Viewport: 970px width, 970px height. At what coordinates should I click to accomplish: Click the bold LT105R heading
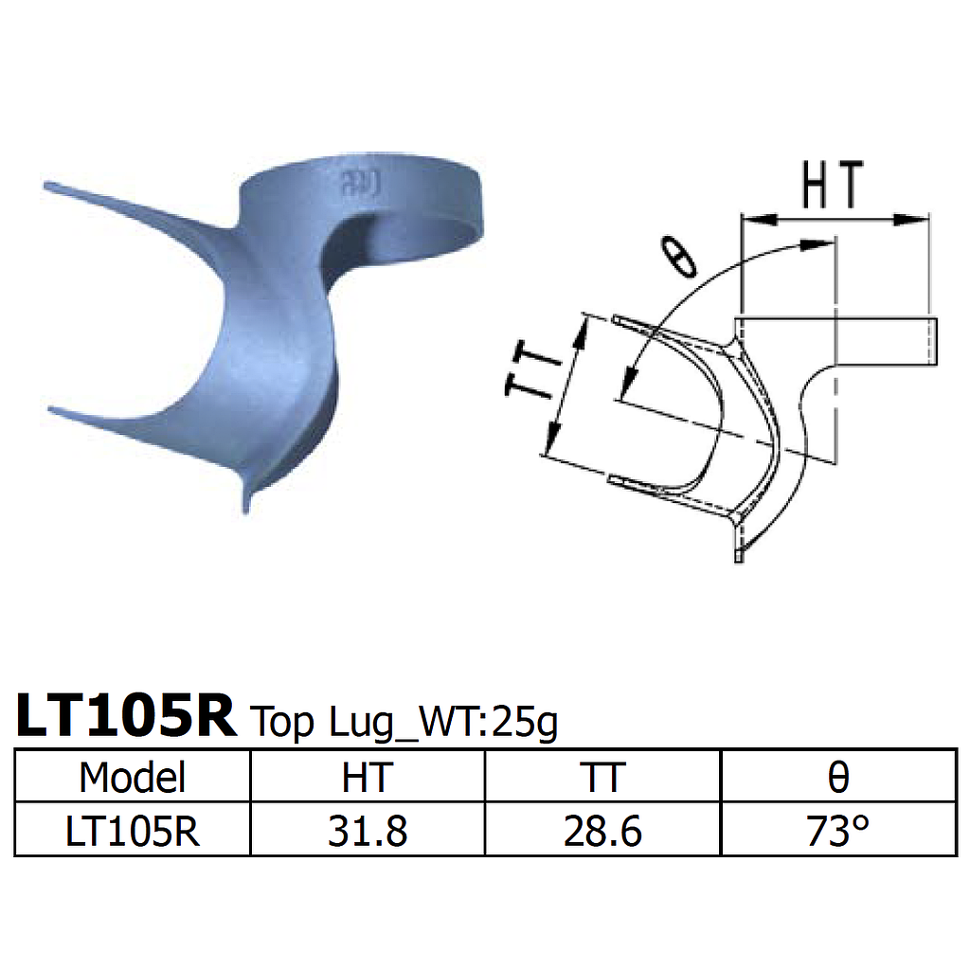coord(125,717)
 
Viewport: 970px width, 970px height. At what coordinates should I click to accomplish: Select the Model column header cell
coord(133,777)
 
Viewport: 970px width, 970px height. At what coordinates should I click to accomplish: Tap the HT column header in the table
coord(367,777)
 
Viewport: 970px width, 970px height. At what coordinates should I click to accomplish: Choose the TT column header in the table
coord(602,777)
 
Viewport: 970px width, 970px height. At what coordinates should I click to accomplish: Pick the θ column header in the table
coord(838,777)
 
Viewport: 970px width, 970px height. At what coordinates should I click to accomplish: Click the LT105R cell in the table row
coord(133,832)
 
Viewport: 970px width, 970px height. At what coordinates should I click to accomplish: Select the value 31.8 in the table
coord(367,832)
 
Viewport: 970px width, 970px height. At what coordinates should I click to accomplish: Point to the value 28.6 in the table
coord(602,832)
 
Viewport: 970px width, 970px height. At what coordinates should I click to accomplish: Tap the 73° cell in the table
coord(838,832)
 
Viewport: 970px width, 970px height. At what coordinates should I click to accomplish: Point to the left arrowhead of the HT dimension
coord(753,220)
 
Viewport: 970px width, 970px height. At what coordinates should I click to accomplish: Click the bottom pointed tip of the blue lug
coord(248,510)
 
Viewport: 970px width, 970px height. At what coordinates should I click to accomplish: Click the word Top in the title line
coord(281,724)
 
